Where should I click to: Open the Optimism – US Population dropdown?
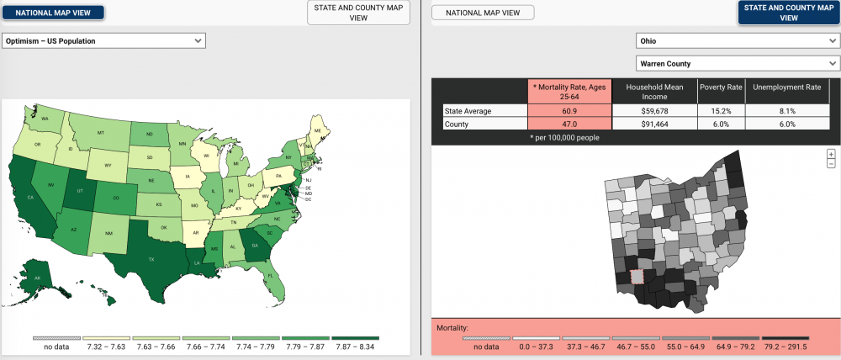[103, 40]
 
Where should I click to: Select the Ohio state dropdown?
[737, 40]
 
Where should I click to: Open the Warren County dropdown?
[737, 63]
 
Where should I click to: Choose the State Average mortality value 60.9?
[570, 110]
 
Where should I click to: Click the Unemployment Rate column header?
[787, 87]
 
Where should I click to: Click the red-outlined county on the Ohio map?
[637, 276]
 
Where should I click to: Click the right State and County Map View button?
[789, 13]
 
